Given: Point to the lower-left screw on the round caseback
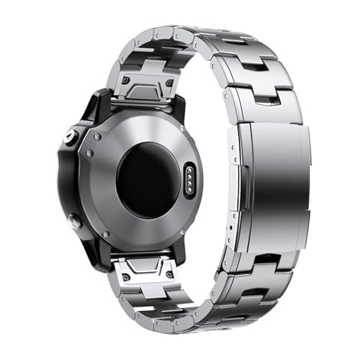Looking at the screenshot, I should (x=106, y=234).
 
